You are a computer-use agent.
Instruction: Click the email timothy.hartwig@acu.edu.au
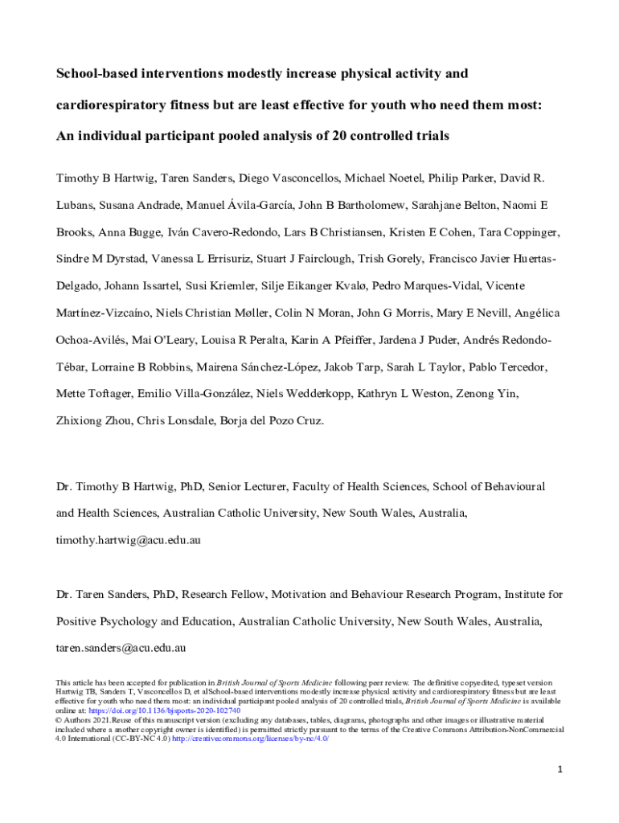pyautogui.click(x=128, y=540)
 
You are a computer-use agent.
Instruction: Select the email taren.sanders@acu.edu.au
pyautogui.click(x=121, y=647)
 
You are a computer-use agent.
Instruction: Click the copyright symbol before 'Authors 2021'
pyautogui.click(x=59, y=720)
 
